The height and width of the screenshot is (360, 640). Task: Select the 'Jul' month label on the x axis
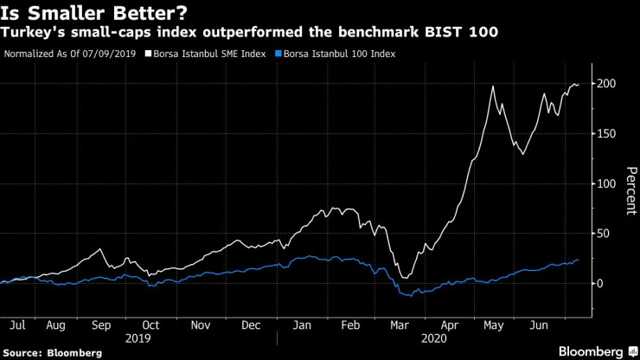[x=16, y=326]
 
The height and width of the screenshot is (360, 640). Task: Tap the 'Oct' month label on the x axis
[x=151, y=326]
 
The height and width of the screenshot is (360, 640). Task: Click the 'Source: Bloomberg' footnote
[x=53, y=352]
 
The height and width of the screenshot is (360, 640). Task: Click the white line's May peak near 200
[x=492, y=87]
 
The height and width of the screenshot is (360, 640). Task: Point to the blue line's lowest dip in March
[x=407, y=296]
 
